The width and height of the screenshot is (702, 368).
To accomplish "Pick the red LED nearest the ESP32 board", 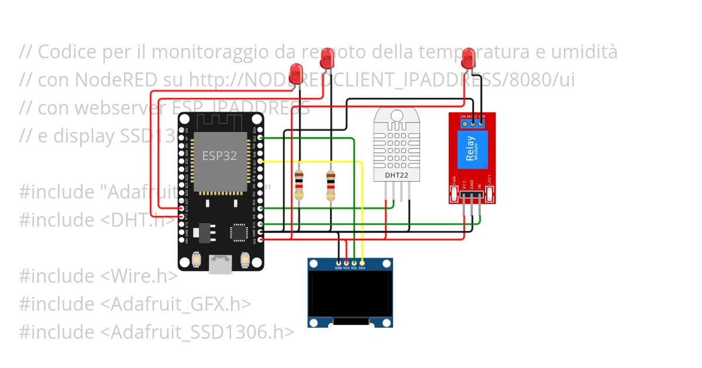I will pyautogui.click(x=297, y=74).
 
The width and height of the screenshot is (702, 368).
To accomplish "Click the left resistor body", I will pyautogui.click(x=300, y=184).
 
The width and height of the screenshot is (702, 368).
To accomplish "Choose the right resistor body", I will pyautogui.click(x=331, y=184).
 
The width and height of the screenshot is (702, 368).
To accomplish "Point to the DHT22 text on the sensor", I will pyautogui.click(x=395, y=175).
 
